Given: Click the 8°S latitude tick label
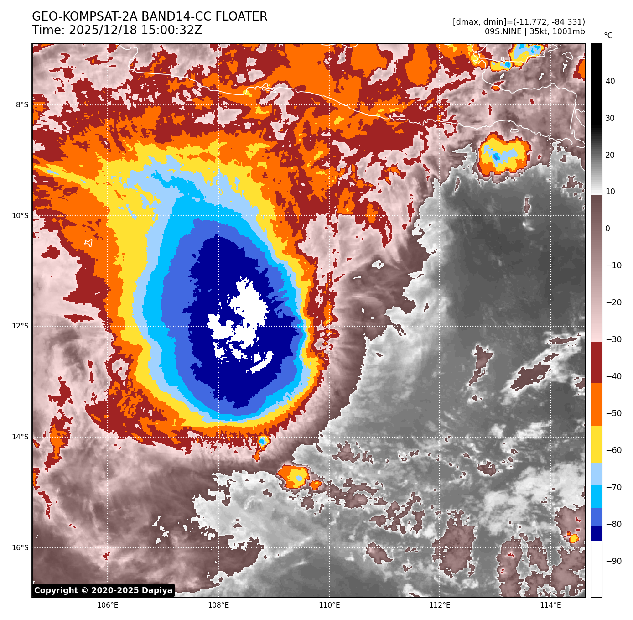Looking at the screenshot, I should pyautogui.click(x=22, y=105).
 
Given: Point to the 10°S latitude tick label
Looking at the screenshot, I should pyautogui.click(x=20, y=215).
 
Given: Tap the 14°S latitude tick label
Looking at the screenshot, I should pyautogui.click(x=20, y=437).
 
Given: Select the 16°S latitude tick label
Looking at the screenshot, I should pyautogui.click(x=20, y=547).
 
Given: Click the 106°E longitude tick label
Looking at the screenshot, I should pyautogui.click(x=108, y=605).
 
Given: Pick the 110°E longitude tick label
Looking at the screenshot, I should pyautogui.click(x=329, y=605).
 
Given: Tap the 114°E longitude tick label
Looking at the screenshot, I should pyautogui.click(x=550, y=605).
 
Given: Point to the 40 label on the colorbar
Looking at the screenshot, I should pyautogui.click(x=610, y=82).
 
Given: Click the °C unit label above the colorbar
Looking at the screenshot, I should pyautogui.click(x=608, y=36).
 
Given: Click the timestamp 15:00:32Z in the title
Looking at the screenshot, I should pyautogui.click(x=135, y=31).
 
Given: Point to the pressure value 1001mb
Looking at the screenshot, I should pyautogui.click(x=568, y=31).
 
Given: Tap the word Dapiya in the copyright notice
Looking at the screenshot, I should pyautogui.click(x=157, y=590).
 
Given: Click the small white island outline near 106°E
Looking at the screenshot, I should pyautogui.click(x=88, y=243).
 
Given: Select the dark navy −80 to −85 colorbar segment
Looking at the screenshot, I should pyautogui.click(x=597, y=533).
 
